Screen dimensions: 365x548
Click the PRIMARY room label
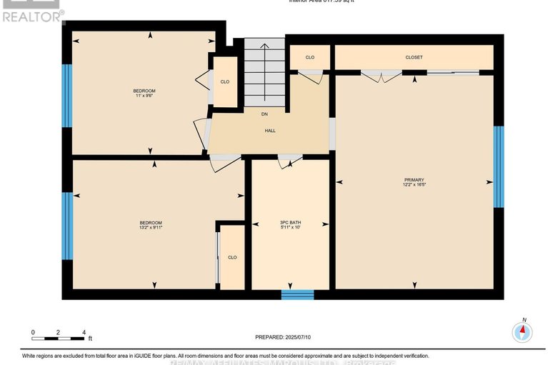[x=414, y=179]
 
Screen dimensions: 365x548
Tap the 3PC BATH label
[x=290, y=223]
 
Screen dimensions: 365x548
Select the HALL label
[x=270, y=131]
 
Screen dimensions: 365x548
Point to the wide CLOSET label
[x=414, y=57]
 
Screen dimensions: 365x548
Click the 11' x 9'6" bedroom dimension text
[x=144, y=96]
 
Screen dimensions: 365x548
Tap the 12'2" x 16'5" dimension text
[x=414, y=185]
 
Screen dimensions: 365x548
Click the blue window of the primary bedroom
[x=499, y=166]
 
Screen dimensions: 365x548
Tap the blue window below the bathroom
[x=297, y=294]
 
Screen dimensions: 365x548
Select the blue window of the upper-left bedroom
[x=66, y=95]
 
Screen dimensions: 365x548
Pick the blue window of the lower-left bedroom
[x=66, y=226]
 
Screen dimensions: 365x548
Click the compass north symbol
[x=523, y=331]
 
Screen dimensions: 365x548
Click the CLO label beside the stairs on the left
[x=224, y=82]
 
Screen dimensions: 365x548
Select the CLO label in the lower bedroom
[x=232, y=257]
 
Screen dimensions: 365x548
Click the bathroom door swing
[x=289, y=162]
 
